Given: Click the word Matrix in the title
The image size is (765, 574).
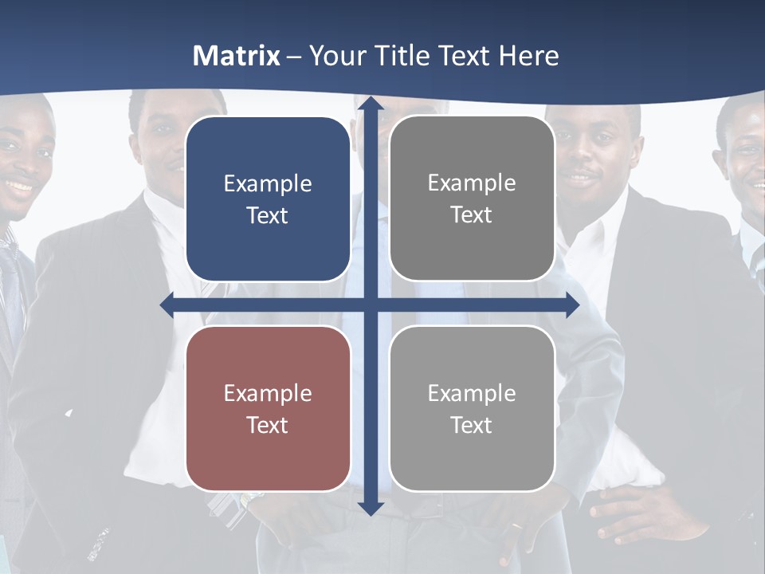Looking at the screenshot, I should [237, 56].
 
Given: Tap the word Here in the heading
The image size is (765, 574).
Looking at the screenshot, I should [529, 56].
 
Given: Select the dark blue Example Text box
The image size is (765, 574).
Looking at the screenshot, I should [268, 199].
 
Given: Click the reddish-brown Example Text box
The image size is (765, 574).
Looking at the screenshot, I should [268, 408].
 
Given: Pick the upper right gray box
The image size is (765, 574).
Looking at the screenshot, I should [472, 199].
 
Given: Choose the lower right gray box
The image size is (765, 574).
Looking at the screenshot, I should [472, 408].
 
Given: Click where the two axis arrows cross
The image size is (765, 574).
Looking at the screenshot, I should [370, 305].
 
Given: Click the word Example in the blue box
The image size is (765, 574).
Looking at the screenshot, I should [268, 184].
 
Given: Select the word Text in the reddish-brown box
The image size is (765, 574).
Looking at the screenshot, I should [268, 425].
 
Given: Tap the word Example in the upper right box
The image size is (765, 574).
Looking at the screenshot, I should [472, 183].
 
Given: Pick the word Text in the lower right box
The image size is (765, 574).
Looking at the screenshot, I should [472, 425].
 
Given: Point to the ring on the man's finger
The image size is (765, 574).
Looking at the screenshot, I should [517, 527].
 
